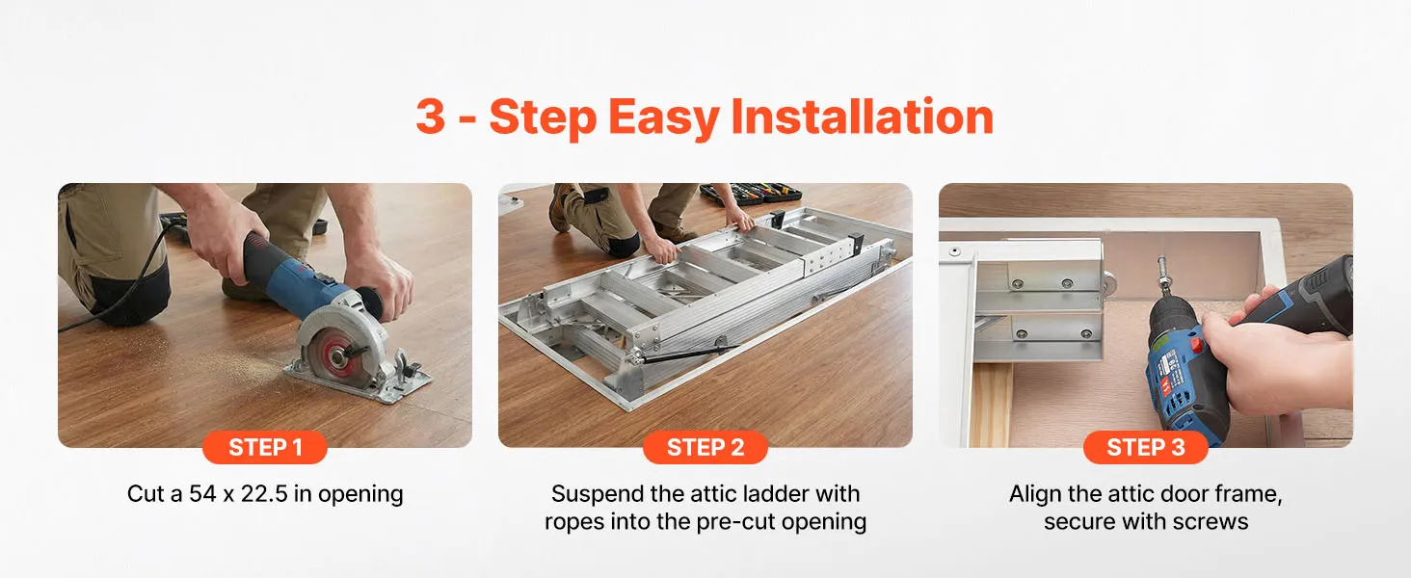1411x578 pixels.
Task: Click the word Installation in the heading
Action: click(862, 118)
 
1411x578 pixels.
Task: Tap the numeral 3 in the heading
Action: click(431, 118)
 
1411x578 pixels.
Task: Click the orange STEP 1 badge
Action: click(264, 447)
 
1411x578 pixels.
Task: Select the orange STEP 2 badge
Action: click(705, 447)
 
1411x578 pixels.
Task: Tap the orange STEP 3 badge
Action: click(1145, 447)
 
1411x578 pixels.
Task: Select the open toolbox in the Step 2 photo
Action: click(750, 194)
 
